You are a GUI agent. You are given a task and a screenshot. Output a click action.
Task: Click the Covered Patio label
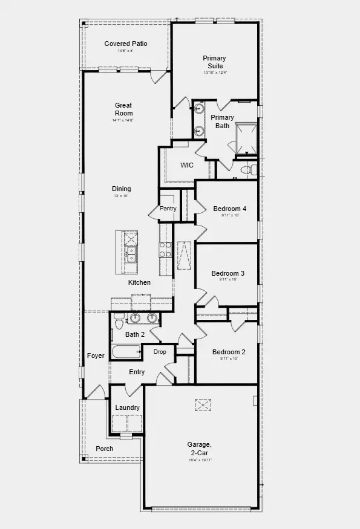tap(126, 44)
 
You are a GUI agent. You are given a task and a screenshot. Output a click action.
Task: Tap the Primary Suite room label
tap(214, 62)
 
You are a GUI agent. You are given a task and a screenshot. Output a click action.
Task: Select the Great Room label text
tap(123, 109)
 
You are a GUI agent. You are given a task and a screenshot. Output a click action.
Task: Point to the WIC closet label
tap(187, 165)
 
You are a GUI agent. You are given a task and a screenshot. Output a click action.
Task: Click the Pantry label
tap(168, 209)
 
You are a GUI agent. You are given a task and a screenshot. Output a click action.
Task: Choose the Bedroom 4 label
tap(229, 209)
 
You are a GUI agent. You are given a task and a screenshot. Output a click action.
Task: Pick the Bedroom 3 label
tap(228, 273)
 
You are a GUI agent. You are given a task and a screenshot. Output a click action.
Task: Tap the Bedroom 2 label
tap(229, 352)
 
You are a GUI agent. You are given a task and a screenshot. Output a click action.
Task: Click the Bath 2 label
tap(135, 334)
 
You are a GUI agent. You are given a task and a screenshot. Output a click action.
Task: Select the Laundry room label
tap(128, 407)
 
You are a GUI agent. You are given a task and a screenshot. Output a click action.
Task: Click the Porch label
tap(105, 449)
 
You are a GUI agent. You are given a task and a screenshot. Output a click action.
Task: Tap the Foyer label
tap(96, 355)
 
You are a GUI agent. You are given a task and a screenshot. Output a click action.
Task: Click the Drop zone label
tap(160, 352)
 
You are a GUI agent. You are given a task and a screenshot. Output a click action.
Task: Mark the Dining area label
tap(121, 189)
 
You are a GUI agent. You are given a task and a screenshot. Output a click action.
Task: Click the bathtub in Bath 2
tap(125, 352)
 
